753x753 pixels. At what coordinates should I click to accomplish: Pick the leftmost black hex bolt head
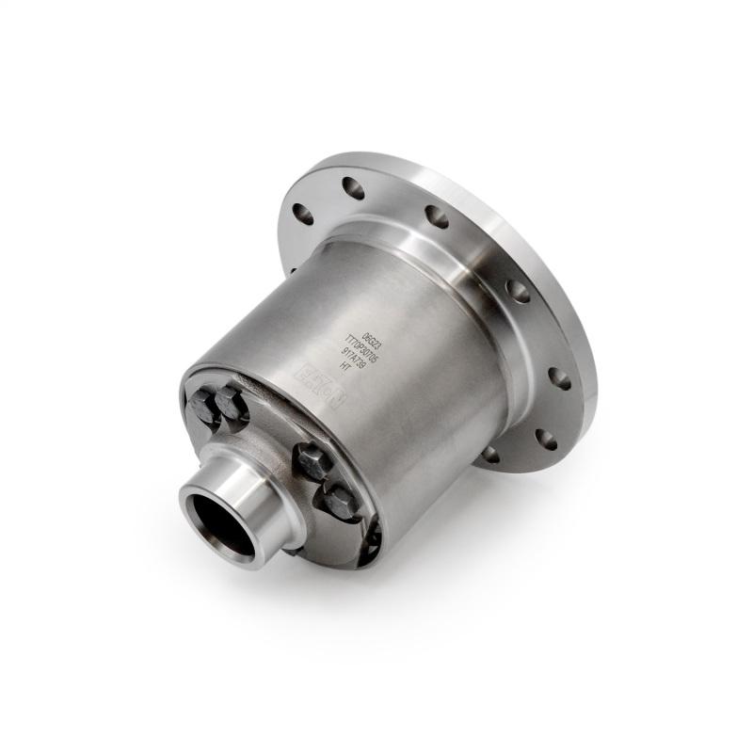[x=204, y=406]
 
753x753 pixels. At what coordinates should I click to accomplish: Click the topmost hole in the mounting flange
[x=353, y=187]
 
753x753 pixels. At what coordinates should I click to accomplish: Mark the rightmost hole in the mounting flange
[x=559, y=377]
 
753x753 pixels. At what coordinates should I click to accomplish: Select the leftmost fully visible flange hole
[x=303, y=214]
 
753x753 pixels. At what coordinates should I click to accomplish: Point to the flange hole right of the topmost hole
[x=437, y=216]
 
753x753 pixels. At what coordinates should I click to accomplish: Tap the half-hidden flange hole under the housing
[x=489, y=454]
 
